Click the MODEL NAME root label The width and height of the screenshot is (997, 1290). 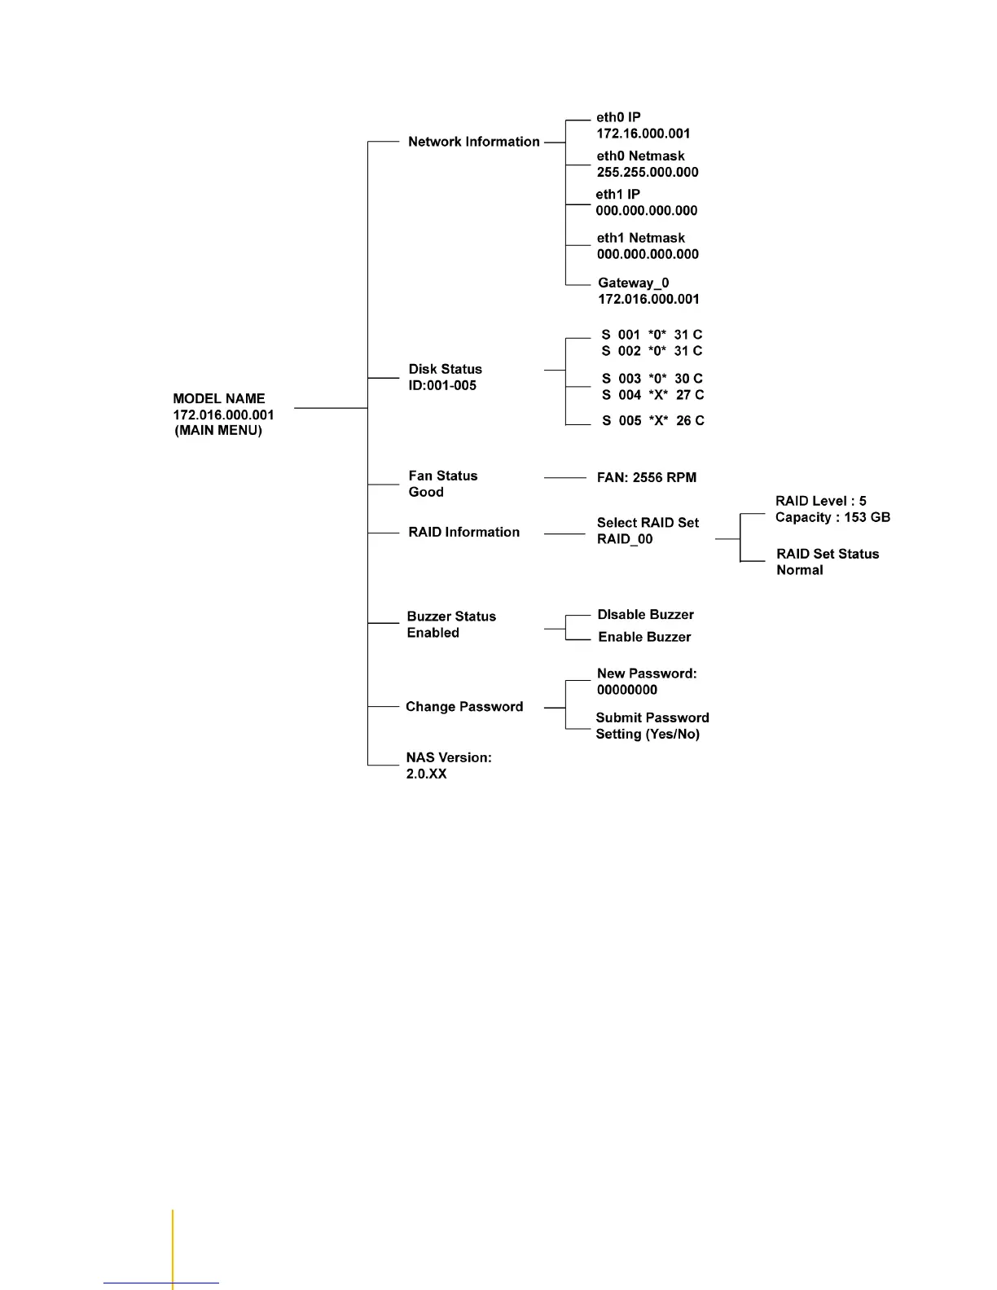point(218,399)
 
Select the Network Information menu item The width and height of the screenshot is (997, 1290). point(473,142)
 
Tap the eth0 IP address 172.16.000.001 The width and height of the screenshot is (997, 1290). point(643,134)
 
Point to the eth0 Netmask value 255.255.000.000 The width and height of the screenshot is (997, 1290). point(647,172)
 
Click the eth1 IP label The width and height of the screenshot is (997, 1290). point(617,195)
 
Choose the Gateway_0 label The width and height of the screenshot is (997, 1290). point(633,283)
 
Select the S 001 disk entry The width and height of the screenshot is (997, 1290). point(651,335)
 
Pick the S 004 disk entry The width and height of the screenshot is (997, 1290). point(652,395)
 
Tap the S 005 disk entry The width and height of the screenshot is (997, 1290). point(652,421)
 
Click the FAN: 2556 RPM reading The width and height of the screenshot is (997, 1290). point(646,478)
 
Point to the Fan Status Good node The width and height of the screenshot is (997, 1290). point(442,484)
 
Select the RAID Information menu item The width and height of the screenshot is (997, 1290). point(463,533)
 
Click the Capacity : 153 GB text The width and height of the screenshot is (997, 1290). point(832,518)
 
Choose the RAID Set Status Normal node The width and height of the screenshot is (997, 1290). point(827,562)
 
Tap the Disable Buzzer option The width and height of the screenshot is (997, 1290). point(645,615)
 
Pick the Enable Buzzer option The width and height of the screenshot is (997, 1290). point(644,638)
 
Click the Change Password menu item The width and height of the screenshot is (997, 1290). point(464,707)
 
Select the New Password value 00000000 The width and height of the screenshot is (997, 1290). point(626,690)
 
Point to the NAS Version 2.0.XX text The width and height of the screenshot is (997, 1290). point(448,766)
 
